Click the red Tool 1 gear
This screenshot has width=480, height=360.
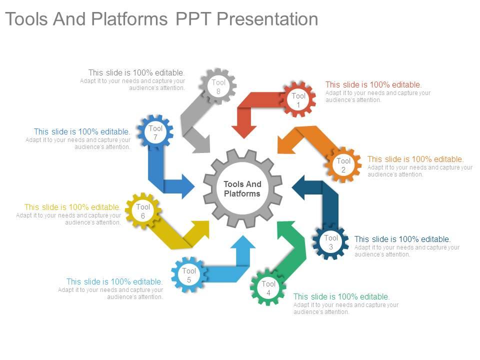pyautogui.click(x=298, y=99)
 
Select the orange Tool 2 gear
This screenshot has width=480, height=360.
pyautogui.click(x=343, y=164)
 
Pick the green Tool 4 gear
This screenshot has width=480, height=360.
pyautogui.click(x=268, y=287)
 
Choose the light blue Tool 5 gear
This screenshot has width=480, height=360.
pyautogui.click(x=189, y=274)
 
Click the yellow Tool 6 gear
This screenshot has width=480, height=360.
pyautogui.click(x=143, y=210)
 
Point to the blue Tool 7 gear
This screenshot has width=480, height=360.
pyautogui.click(x=155, y=132)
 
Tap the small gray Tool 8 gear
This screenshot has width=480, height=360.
pyautogui.click(x=218, y=86)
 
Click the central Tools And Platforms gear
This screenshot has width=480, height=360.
pyautogui.click(x=242, y=189)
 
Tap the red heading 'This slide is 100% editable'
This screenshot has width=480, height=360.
pyautogui.click(x=373, y=85)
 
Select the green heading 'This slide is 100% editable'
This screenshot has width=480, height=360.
pyautogui.click(x=341, y=296)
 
